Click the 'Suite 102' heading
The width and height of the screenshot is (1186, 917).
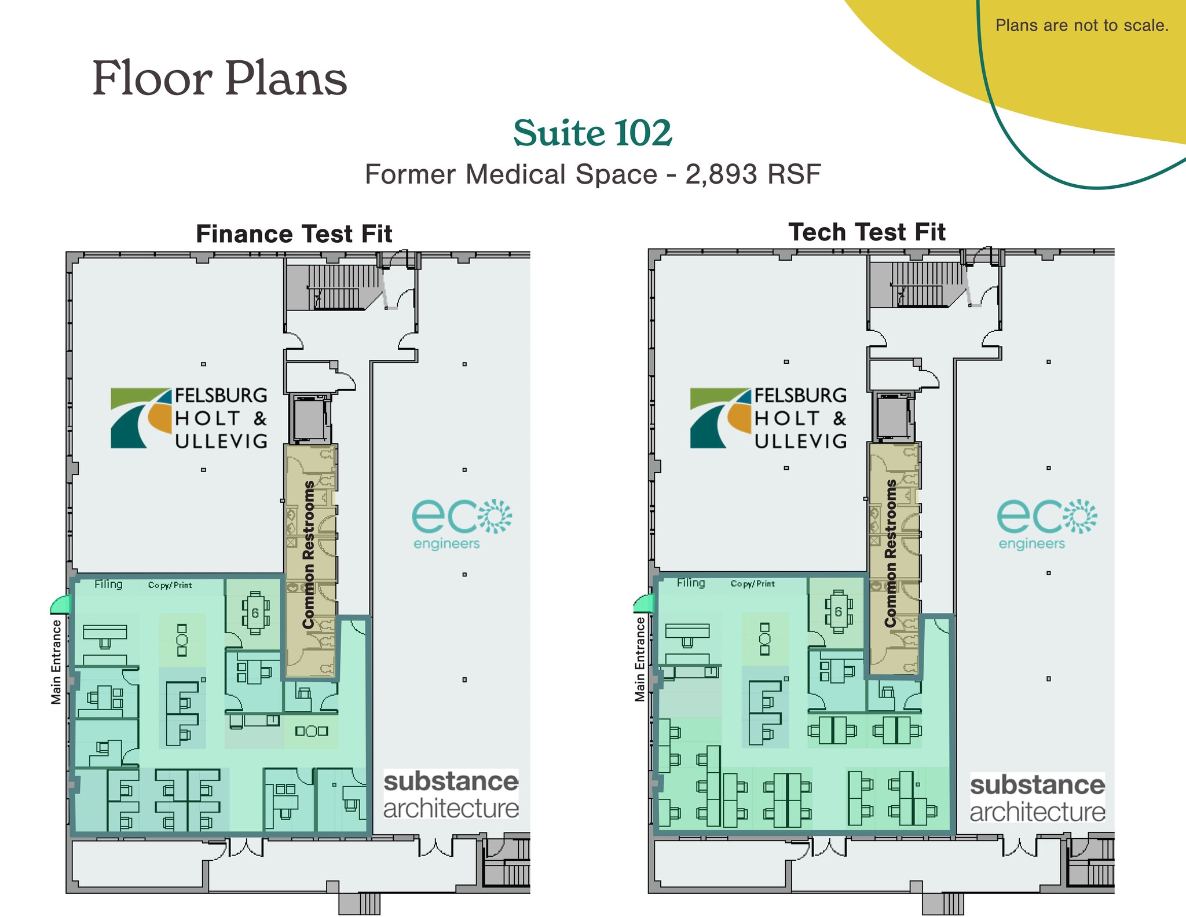592,133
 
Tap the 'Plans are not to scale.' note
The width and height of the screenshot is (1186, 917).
1082,25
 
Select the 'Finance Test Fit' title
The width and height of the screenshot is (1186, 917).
294,234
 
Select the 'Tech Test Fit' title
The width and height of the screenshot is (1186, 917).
867,232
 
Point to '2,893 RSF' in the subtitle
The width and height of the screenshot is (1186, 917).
753,174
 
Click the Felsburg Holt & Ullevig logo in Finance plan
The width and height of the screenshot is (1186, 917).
189,418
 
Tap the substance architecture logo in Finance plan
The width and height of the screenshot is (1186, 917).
451,795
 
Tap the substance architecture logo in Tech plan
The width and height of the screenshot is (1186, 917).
1038,798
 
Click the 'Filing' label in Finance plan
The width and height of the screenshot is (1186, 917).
108,584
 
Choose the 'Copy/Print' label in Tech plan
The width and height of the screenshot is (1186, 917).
752,583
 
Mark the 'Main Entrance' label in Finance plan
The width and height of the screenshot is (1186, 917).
56,662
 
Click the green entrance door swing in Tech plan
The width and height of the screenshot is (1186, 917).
643,604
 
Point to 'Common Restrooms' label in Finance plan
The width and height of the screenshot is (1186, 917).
309,554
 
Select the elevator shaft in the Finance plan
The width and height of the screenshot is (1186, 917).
310,418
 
